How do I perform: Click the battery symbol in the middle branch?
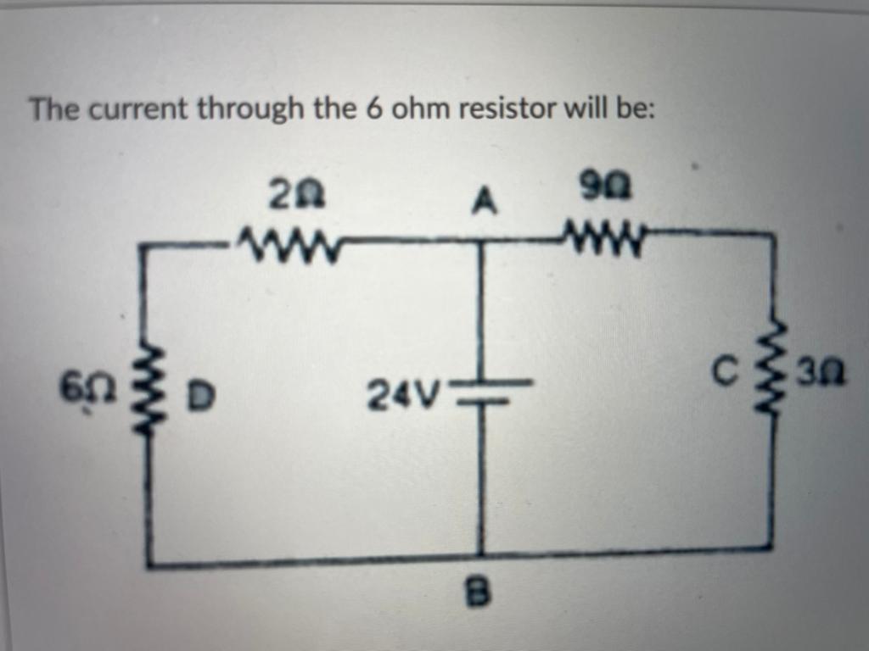click(x=481, y=392)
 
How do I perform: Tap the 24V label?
click(x=405, y=393)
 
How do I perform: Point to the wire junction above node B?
click(x=481, y=555)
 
